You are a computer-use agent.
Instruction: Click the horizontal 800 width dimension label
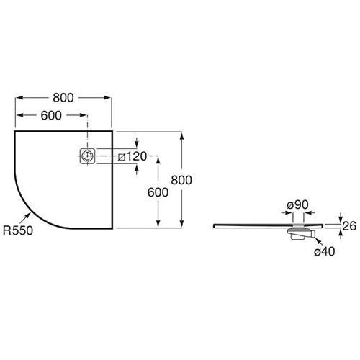point(63,98)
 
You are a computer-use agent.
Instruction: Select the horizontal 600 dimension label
point(51,115)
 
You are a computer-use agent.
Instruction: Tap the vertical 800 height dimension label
point(181,180)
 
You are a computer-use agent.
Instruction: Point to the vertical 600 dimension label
point(158,192)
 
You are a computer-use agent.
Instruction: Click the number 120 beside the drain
point(136,156)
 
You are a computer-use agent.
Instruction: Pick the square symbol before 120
point(122,157)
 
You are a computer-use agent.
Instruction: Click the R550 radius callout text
point(18,230)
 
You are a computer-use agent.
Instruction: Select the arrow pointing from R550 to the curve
point(25,218)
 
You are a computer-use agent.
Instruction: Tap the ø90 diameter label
point(297,204)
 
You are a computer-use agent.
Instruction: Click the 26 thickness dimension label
point(349,226)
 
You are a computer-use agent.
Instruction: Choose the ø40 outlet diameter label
point(324,251)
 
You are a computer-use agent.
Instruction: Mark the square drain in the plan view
point(87,156)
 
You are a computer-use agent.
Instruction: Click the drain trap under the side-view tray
point(301,234)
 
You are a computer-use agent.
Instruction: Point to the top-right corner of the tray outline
point(112,131)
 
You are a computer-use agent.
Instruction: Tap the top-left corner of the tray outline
point(14,131)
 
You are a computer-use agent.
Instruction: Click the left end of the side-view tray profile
point(214,226)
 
